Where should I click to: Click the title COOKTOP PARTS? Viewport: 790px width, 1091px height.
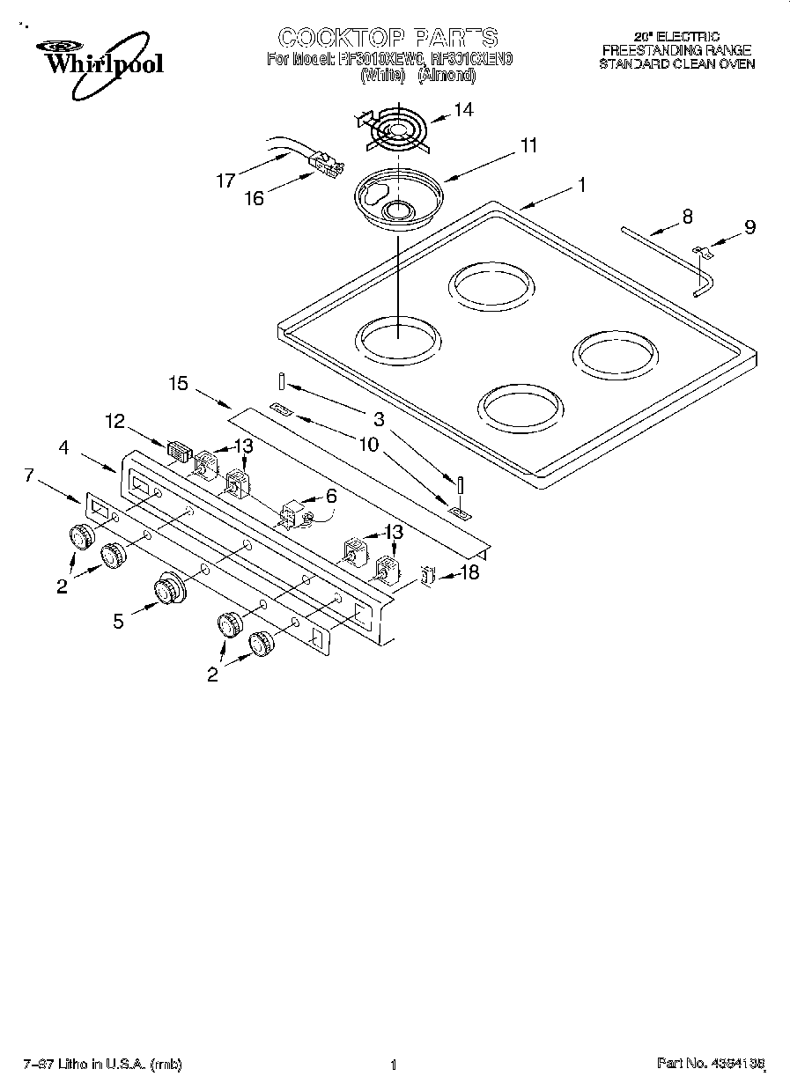[388, 37]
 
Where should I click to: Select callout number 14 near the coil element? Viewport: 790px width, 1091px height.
[463, 110]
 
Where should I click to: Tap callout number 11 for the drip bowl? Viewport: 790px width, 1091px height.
[528, 146]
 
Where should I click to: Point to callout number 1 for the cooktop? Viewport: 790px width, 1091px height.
[581, 185]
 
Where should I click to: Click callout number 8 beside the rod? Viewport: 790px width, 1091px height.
[688, 216]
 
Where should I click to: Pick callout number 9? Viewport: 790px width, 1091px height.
[749, 227]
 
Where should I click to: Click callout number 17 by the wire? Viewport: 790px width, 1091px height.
[225, 181]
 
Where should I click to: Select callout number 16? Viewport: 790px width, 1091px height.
[254, 198]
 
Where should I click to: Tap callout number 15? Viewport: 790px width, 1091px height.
[179, 383]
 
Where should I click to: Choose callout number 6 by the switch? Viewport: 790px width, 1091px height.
[330, 496]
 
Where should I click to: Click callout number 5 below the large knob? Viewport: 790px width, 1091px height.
[118, 620]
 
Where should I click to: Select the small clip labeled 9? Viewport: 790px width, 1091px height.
[703, 253]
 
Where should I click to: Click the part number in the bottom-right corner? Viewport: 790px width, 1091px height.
[710, 1064]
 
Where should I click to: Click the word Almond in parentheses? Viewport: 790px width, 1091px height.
[447, 76]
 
